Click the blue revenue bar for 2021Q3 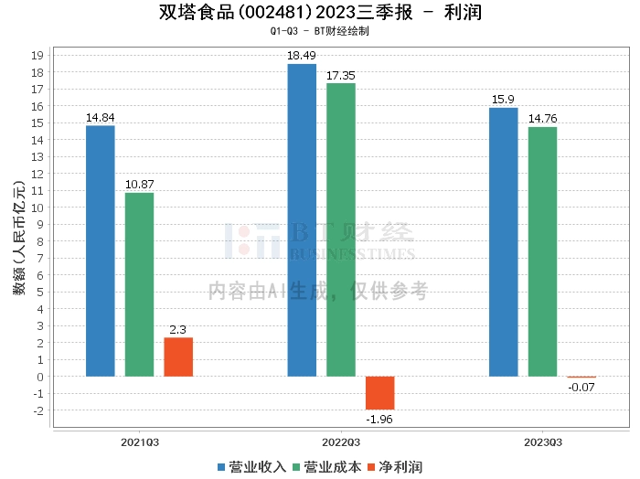[101, 250]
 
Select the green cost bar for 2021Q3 [139, 284]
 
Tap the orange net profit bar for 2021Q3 [178, 357]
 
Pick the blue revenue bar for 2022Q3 [302, 219]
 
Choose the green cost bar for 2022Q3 [341, 229]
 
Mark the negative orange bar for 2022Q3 [379, 393]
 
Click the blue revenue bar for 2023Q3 [503, 241]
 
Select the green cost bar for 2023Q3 [542, 251]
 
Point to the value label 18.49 [302, 56]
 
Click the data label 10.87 [139, 185]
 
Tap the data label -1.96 [379, 420]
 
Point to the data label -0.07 [581, 388]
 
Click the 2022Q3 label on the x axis [340, 442]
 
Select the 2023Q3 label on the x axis [542, 442]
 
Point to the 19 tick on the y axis [38, 55]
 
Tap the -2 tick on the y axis [38, 410]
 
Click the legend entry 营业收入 [251, 467]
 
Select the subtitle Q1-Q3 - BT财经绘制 [320, 30]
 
